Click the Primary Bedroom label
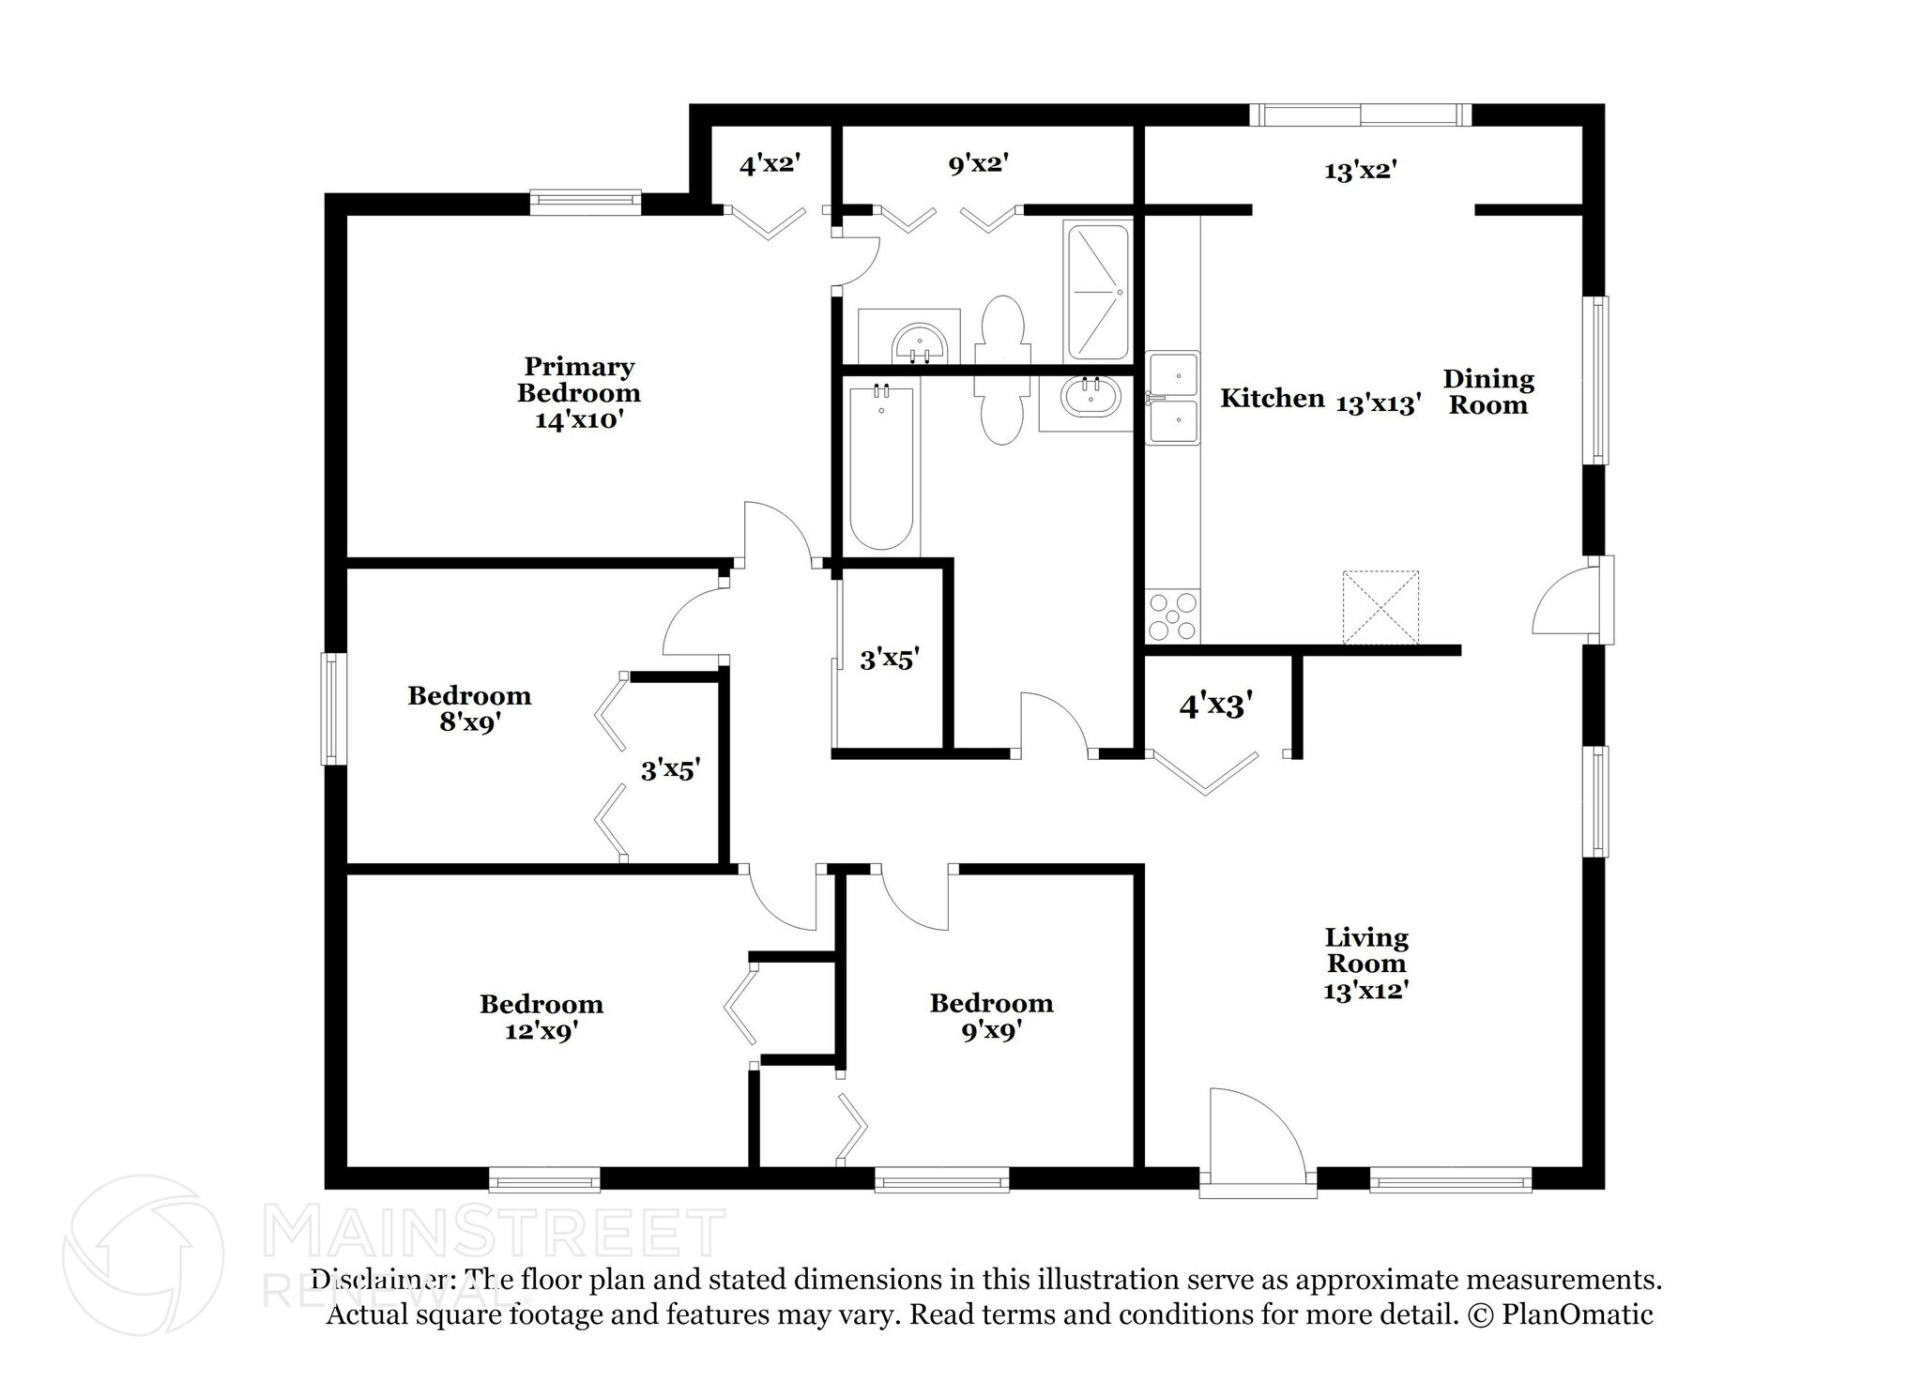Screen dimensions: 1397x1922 [x=578, y=379]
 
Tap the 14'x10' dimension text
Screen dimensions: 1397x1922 [x=579, y=419]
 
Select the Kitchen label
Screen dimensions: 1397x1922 [x=1272, y=398]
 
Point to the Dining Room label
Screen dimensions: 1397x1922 [x=1487, y=392]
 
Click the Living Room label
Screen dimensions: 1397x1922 [x=1365, y=949]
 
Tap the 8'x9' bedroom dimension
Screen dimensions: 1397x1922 [x=469, y=722]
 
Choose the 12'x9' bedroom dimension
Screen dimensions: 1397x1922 [x=541, y=1031]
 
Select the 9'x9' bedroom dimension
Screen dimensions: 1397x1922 [x=991, y=1030]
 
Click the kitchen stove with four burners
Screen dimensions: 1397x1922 [x=1172, y=615]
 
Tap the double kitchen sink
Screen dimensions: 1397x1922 [x=1172, y=398]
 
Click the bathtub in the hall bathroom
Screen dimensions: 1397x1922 [x=881, y=466]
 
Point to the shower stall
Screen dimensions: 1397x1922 [x=1097, y=292]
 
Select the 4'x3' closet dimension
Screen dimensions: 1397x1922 [x=1216, y=705]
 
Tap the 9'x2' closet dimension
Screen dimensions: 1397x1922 [x=978, y=164]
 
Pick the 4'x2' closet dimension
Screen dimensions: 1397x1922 [x=770, y=165]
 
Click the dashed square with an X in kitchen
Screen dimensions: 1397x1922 [x=1380, y=607]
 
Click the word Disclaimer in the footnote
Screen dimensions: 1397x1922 [x=380, y=1280]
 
